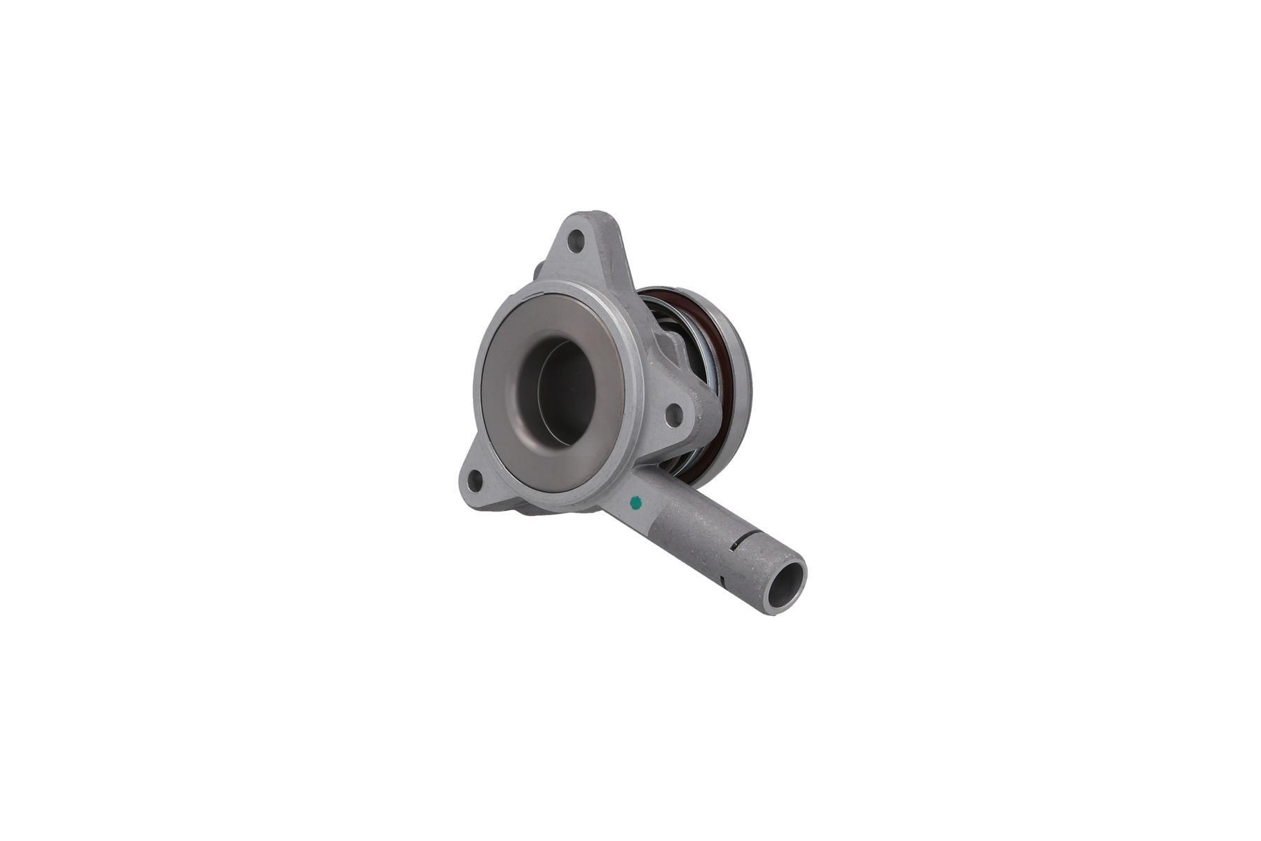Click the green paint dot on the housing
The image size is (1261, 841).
point(636,501)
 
